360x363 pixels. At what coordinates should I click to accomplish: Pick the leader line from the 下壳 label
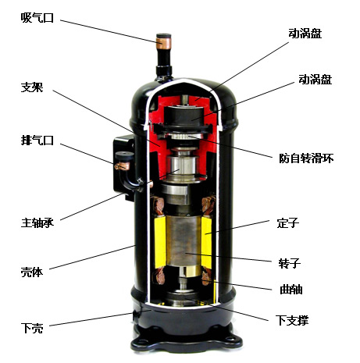(94, 320)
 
